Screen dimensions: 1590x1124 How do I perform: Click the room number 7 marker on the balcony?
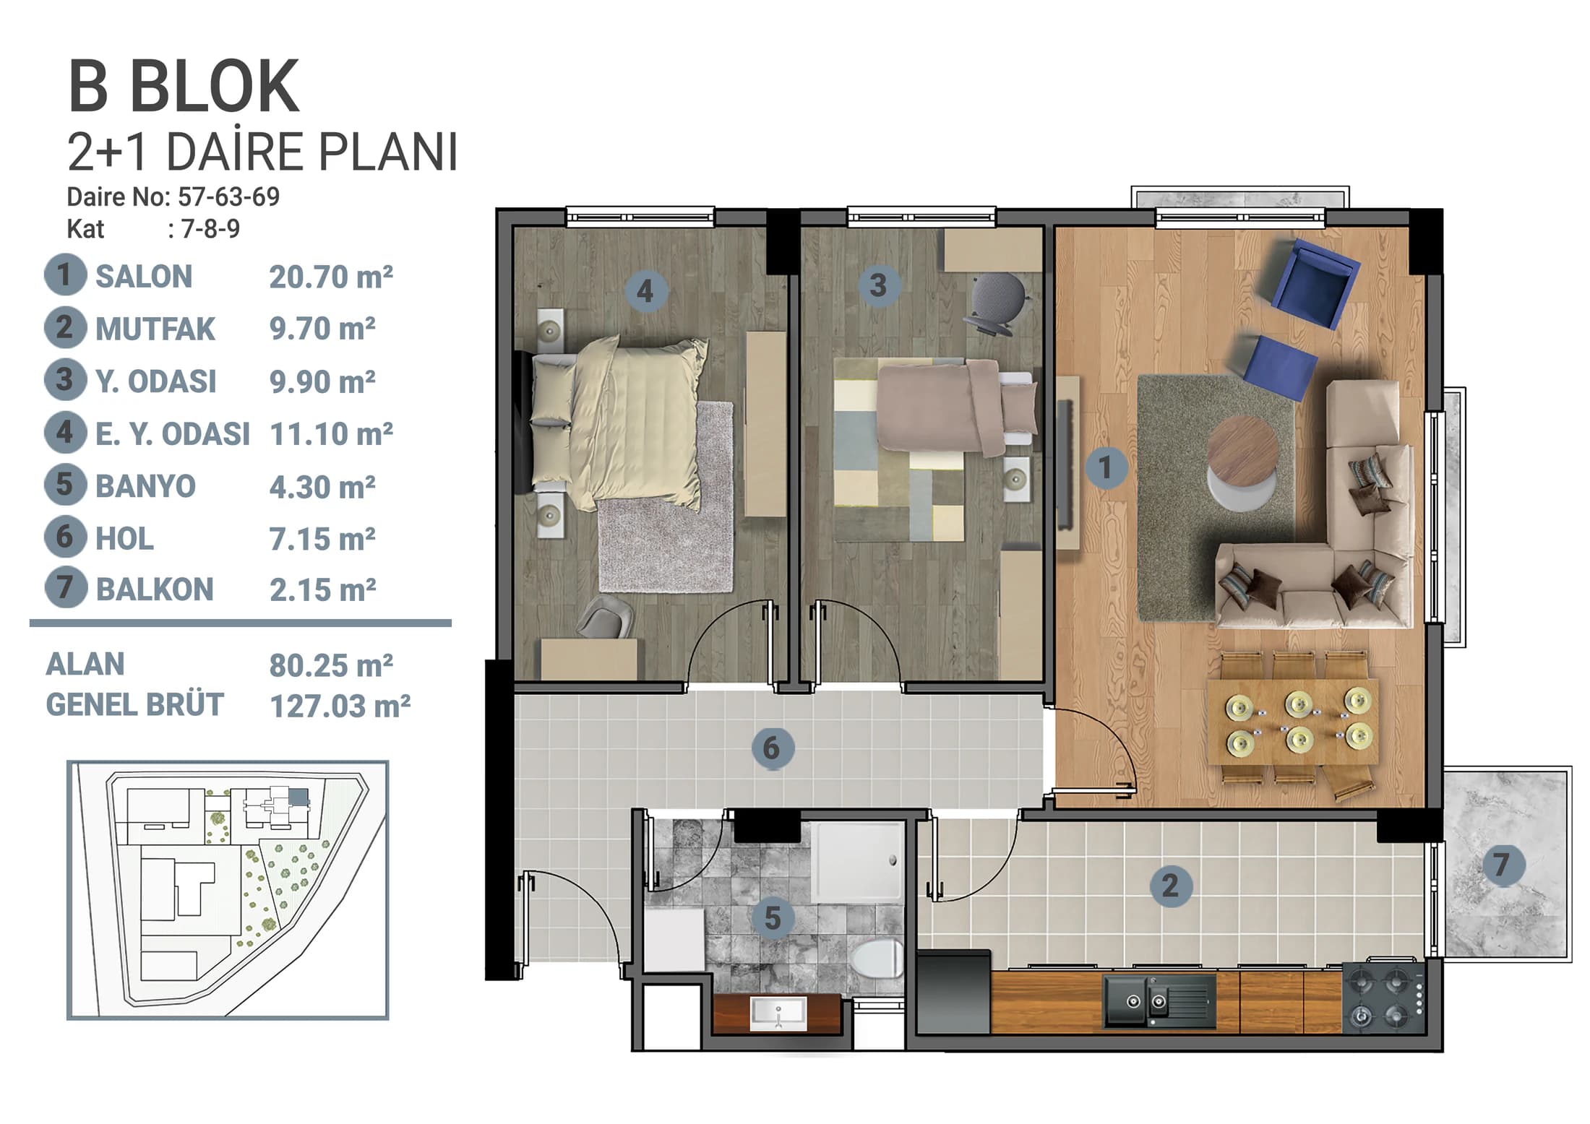pos(1503,864)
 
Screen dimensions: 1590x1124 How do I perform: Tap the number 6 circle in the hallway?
pos(772,748)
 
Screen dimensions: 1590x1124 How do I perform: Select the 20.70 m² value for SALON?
pos(331,277)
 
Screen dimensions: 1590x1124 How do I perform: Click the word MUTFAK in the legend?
pos(155,329)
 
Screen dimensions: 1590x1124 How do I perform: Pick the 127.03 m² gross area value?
pos(340,706)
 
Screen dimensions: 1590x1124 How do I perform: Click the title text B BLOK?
pos(184,87)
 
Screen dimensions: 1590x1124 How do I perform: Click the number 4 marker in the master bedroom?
pos(645,291)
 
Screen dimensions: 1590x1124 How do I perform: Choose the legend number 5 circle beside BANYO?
pos(65,485)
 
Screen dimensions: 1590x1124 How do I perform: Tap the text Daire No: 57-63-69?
pos(173,196)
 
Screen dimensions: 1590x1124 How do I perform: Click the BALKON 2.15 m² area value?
pos(323,590)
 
